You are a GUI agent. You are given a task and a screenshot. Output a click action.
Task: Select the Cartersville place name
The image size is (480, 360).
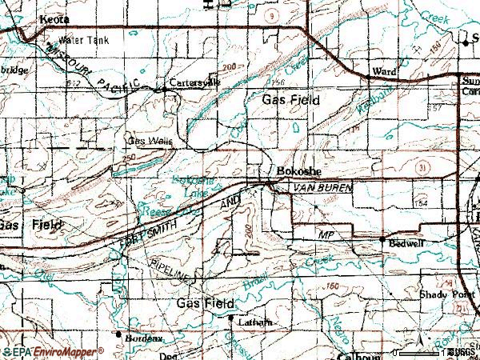pyautogui.click(x=194, y=82)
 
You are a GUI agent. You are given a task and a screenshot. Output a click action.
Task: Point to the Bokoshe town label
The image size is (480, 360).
pyautogui.click(x=298, y=171)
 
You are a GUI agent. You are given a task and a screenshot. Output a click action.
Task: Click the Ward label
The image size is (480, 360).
pyautogui.click(x=384, y=72)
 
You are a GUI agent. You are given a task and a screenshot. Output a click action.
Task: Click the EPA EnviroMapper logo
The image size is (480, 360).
pyautogui.click(x=52, y=352)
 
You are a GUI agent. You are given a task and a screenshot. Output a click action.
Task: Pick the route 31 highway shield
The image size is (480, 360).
pyautogui.click(x=424, y=166)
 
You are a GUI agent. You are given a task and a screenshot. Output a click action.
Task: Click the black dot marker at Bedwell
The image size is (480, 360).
pyautogui.click(x=383, y=240)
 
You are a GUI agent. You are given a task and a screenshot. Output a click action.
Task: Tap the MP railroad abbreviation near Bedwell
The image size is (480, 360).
pyautogui.click(x=325, y=235)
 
